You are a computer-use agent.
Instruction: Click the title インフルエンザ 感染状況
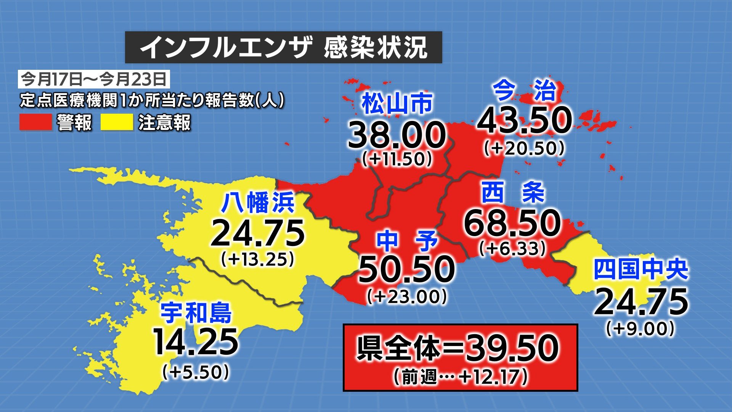tap(284, 48)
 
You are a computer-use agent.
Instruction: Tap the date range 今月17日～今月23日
tap(94, 79)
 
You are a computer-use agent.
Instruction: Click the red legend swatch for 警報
tap(35, 123)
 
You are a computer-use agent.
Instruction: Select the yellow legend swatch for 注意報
tap(117, 123)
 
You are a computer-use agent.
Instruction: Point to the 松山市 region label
tap(397, 104)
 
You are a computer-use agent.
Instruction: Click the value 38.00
tap(396, 135)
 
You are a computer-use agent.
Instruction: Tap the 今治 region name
tap(525, 91)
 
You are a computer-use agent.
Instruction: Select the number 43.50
tap(525, 120)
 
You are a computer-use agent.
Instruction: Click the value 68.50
tap(512, 223)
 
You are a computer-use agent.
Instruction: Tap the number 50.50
tap(407, 269)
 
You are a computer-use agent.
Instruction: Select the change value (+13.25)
tap(258, 260)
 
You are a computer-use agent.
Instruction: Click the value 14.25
tap(196, 342)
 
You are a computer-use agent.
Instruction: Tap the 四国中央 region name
tap(641, 270)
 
